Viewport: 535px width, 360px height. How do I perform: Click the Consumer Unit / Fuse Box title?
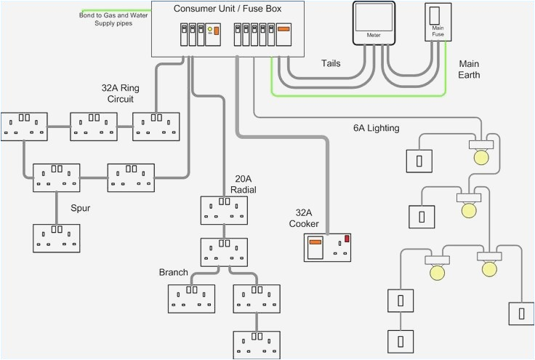(228, 9)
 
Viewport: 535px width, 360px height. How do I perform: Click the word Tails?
(331, 63)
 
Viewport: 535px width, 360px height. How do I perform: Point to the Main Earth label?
(469, 69)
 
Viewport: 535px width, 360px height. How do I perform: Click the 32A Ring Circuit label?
(120, 93)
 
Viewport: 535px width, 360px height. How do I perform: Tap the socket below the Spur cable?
(57, 238)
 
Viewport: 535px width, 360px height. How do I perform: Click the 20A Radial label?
(244, 184)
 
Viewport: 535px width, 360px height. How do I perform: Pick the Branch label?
(173, 273)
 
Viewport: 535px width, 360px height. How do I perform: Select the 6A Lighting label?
(376, 129)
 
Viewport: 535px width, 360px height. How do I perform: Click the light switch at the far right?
(520, 314)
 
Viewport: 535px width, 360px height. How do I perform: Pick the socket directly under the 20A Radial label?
(225, 210)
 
